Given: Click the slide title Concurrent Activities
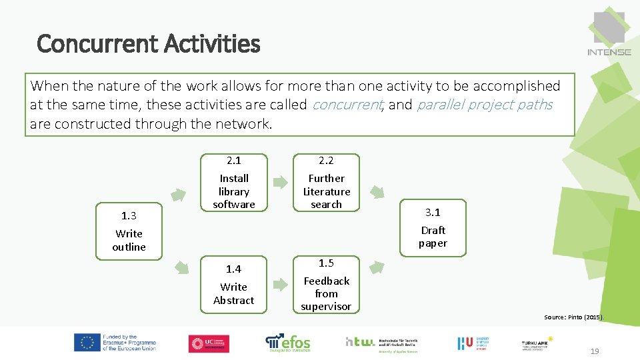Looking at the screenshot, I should coord(148,44).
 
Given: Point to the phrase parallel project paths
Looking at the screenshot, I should coord(485,105).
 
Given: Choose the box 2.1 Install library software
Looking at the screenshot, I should coord(234,182).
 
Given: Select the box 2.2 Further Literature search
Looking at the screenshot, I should coord(326,182).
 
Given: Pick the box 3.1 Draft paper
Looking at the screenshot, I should coord(433,227).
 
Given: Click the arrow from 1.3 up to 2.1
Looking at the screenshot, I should coord(179,195).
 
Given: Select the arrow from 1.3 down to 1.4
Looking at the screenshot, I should coord(180,267).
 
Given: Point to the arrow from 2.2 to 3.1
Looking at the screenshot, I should coord(377,192).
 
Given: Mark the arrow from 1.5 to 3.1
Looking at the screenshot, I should coord(377,267).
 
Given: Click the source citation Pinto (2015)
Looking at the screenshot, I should coord(573,317).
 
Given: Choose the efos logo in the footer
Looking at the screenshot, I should coord(288,343).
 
